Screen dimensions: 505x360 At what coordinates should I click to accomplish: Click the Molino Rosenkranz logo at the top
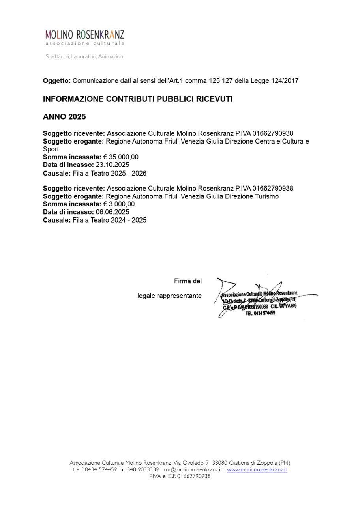click(84, 37)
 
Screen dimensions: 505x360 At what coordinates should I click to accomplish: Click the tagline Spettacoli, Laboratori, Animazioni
click(85, 56)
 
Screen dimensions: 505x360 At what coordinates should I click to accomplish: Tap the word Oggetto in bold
click(56, 81)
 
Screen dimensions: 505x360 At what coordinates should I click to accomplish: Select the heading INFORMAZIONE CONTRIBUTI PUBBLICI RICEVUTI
click(138, 99)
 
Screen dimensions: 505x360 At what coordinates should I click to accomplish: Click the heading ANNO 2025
click(64, 117)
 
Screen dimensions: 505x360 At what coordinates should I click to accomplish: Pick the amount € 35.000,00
click(121, 157)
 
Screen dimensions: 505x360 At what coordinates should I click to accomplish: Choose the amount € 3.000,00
click(119, 204)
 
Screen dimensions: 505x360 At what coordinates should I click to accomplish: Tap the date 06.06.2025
click(112, 212)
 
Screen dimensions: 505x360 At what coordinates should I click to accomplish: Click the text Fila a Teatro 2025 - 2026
click(109, 173)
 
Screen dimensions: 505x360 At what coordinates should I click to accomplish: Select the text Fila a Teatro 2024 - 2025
click(109, 220)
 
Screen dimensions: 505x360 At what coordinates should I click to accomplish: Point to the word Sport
click(51, 149)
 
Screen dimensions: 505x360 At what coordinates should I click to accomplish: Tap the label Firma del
click(188, 281)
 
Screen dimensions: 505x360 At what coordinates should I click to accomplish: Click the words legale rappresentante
click(169, 296)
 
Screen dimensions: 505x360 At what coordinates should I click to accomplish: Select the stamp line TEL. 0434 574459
click(261, 313)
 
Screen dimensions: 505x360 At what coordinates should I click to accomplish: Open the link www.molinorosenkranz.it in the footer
click(257, 469)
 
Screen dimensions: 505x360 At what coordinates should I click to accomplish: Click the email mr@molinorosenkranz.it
click(193, 469)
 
